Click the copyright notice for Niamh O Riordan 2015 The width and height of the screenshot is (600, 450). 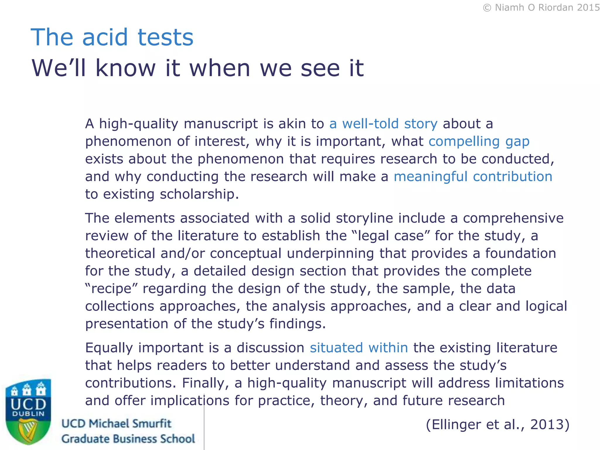541,8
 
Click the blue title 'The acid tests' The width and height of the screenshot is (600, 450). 112,37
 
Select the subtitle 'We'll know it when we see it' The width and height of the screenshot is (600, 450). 197,68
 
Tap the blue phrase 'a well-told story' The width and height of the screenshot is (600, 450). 383,124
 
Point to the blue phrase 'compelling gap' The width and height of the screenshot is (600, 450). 479,142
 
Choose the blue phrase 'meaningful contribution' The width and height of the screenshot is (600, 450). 473,177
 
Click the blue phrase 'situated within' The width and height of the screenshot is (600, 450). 359,348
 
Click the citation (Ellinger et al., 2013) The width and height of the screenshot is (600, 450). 497,424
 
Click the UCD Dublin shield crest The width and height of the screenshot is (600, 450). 28,410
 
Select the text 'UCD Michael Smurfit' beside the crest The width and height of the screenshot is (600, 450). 116,424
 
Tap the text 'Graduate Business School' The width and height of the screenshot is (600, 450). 128,439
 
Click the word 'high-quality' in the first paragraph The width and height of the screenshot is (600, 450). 139,124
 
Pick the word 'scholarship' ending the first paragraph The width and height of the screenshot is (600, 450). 199,194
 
